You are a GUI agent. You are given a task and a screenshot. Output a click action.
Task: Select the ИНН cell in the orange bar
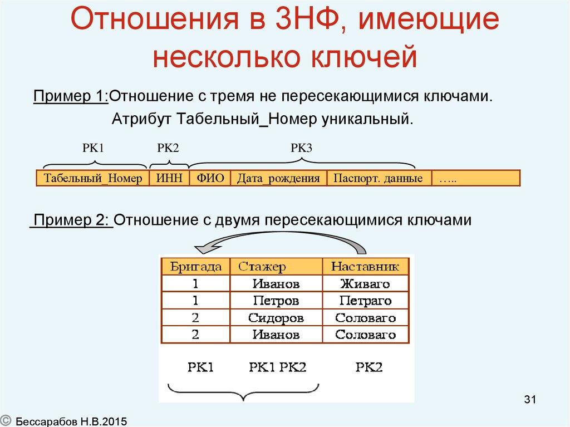(169, 179)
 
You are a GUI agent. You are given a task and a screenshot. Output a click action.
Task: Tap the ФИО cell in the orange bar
(210, 179)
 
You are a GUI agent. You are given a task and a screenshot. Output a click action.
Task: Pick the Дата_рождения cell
(278, 179)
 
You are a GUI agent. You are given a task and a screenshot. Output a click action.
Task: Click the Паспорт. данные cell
(378, 179)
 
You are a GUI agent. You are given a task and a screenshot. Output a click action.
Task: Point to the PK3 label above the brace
(301, 148)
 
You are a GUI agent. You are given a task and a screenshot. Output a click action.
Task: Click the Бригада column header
(193, 267)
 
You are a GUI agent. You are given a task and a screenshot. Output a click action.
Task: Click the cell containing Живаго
(365, 284)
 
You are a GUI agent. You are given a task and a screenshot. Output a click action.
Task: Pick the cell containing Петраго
(365, 301)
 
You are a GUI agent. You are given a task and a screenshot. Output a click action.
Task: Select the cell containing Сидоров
(276, 318)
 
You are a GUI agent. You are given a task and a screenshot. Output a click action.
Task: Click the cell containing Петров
(276, 301)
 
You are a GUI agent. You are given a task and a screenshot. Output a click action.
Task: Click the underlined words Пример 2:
(72, 220)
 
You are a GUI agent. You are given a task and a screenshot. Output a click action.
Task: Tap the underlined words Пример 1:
(71, 96)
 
